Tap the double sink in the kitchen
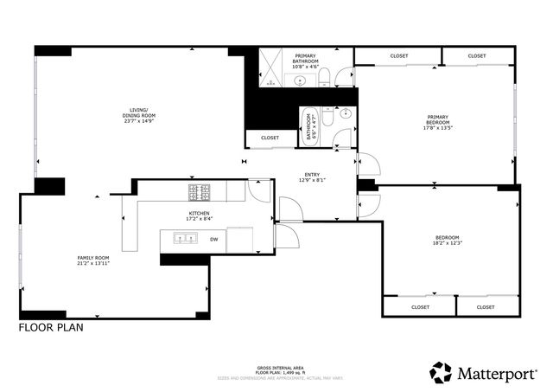pyautogui.click(x=190, y=238)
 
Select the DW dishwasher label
pyautogui.click(x=213, y=239)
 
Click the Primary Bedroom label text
pyautogui.click(x=439, y=120)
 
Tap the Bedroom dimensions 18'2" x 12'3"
pyautogui.click(x=446, y=243)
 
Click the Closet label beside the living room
pyautogui.click(x=270, y=138)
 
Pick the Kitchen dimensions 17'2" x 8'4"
pyautogui.click(x=200, y=219)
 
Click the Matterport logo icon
pyautogui.click(x=441, y=373)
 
